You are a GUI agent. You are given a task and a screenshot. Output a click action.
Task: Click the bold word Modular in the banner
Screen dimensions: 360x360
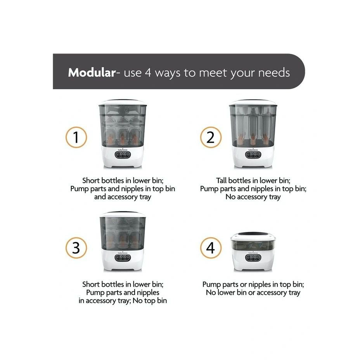coord(92,73)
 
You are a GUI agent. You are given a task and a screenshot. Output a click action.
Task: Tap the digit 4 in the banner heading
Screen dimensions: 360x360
coord(148,73)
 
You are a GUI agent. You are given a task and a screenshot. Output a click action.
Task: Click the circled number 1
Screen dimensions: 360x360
coord(76,137)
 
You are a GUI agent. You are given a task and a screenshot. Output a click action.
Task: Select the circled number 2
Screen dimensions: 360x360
coord(211,137)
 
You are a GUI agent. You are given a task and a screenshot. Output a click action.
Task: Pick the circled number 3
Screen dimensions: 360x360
coord(76,248)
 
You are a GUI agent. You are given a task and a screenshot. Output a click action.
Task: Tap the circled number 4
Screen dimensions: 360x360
coord(211,248)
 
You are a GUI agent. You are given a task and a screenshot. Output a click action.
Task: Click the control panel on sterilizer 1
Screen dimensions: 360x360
coord(123,154)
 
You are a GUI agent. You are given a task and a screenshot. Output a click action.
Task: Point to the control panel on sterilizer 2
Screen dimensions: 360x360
coord(253,154)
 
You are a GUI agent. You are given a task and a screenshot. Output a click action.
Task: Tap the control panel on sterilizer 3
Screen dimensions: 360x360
coord(123,258)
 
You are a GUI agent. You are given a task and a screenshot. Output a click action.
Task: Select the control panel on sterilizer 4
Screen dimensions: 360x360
coord(253,258)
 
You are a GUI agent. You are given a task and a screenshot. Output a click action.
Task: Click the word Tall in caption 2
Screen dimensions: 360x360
coord(222,180)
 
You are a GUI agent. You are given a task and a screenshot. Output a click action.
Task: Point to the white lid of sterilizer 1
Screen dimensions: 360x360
coord(122,102)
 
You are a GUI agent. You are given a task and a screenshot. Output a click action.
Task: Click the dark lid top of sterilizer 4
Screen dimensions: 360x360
coord(253,234)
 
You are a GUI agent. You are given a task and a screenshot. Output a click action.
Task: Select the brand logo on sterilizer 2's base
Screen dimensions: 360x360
coord(253,150)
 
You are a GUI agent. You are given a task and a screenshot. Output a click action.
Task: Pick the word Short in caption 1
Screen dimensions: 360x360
coord(91,180)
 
